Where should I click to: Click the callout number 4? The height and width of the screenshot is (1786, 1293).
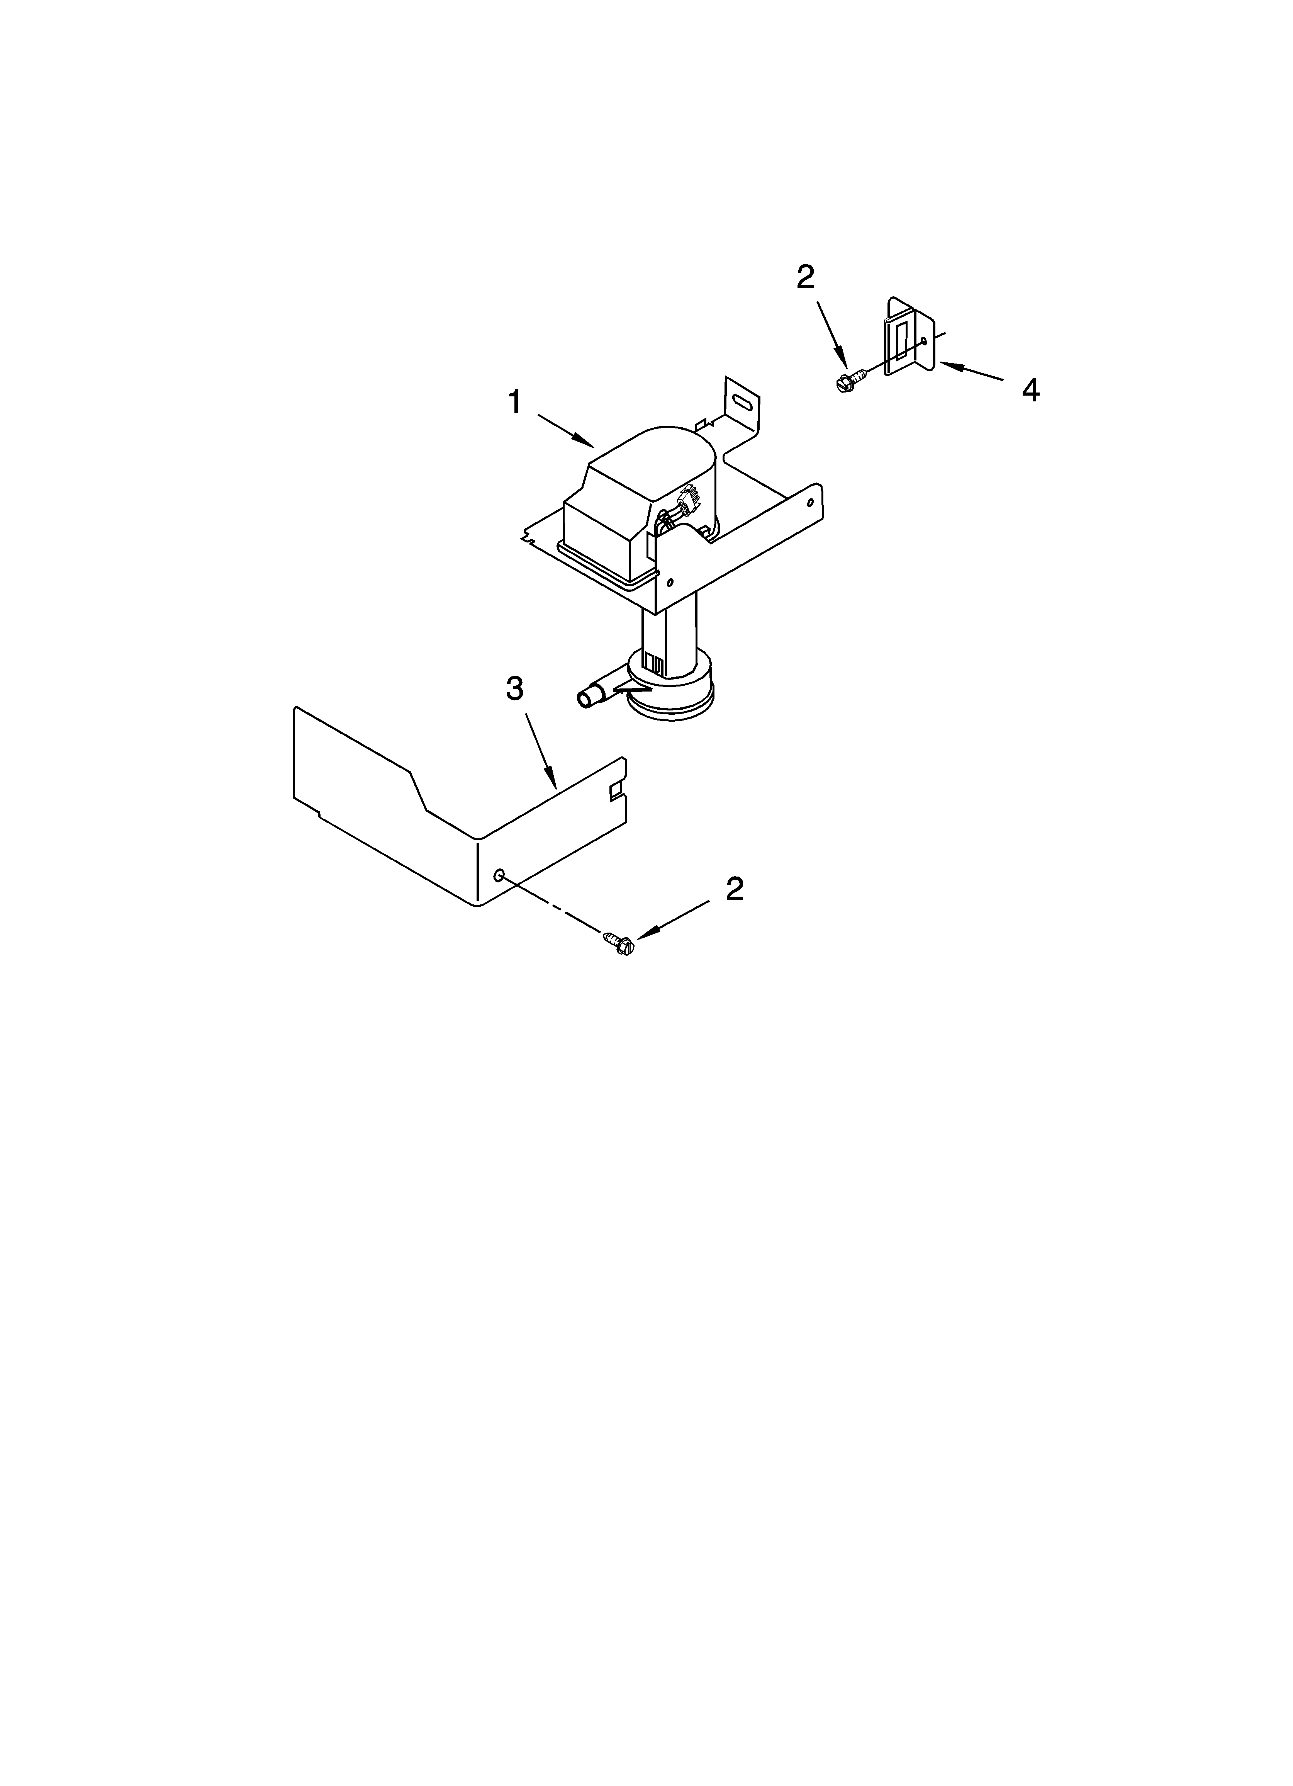click(1030, 390)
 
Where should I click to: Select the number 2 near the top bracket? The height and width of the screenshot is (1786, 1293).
click(805, 277)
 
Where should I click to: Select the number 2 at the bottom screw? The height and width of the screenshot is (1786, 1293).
click(734, 889)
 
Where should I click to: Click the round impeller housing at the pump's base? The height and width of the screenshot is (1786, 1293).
click(671, 685)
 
